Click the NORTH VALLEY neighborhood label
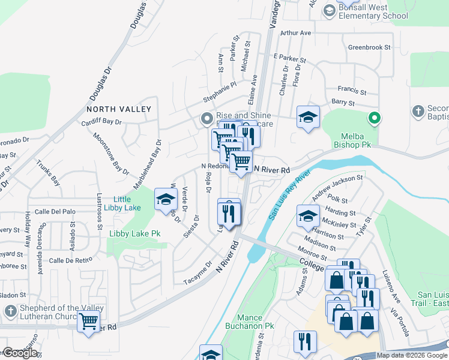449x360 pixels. (x=118, y=109)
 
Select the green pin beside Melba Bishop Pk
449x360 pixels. (x=375, y=118)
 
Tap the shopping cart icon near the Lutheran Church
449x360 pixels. (x=88, y=321)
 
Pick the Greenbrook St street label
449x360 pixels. (x=369, y=47)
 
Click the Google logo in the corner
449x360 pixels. (x=19, y=353)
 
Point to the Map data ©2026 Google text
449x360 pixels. (x=411, y=355)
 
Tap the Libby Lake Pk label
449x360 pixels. (x=135, y=233)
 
